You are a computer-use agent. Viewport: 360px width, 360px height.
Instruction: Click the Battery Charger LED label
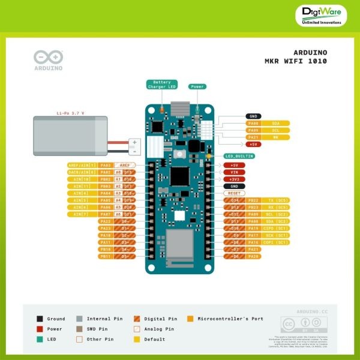pyautogui.click(x=162, y=85)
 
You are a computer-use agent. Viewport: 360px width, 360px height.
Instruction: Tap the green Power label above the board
pyautogui.click(x=197, y=86)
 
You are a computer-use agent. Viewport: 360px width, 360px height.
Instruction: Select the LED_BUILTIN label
pyautogui.click(x=239, y=156)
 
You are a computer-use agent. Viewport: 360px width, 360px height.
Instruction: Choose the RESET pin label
pyautogui.click(x=235, y=193)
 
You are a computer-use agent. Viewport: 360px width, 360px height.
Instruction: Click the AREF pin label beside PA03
pyautogui.click(x=125, y=165)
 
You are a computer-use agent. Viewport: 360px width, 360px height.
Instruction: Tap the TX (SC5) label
pyautogui.click(x=277, y=200)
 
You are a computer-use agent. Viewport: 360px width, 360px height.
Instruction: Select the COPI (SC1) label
pyautogui.click(x=277, y=242)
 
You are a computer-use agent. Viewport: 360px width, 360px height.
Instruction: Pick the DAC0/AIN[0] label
pyautogui.click(x=81, y=172)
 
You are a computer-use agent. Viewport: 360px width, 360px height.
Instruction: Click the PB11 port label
pyautogui.click(x=106, y=256)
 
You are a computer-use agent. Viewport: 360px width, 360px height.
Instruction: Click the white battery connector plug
pyautogui.click(x=135, y=146)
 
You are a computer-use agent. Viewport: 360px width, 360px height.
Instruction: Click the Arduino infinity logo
pyautogui.click(x=48, y=58)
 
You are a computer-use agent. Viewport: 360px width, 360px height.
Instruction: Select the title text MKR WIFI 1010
pyautogui.click(x=296, y=61)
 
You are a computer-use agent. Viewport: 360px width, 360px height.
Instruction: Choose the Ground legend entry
pyautogui.click(x=52, y=319)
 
